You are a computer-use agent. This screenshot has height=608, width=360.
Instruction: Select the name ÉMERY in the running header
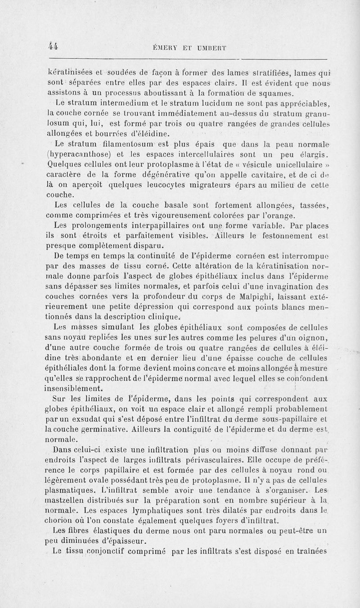click(168, 47)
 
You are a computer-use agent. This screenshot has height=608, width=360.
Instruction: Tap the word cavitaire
click(258, 174)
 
